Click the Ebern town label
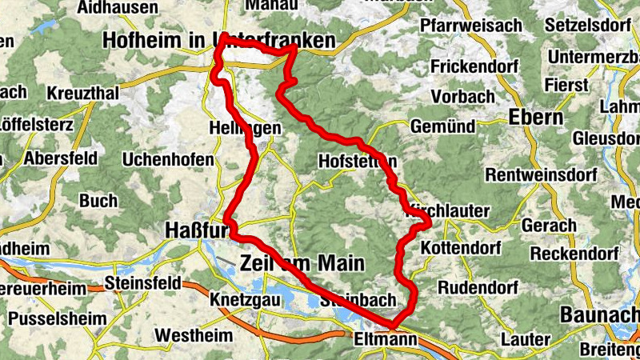click(536, 118)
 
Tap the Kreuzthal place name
click(82, 94)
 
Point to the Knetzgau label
click(237, 300)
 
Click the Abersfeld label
click(61, 158)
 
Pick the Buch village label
click(98, 200)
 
